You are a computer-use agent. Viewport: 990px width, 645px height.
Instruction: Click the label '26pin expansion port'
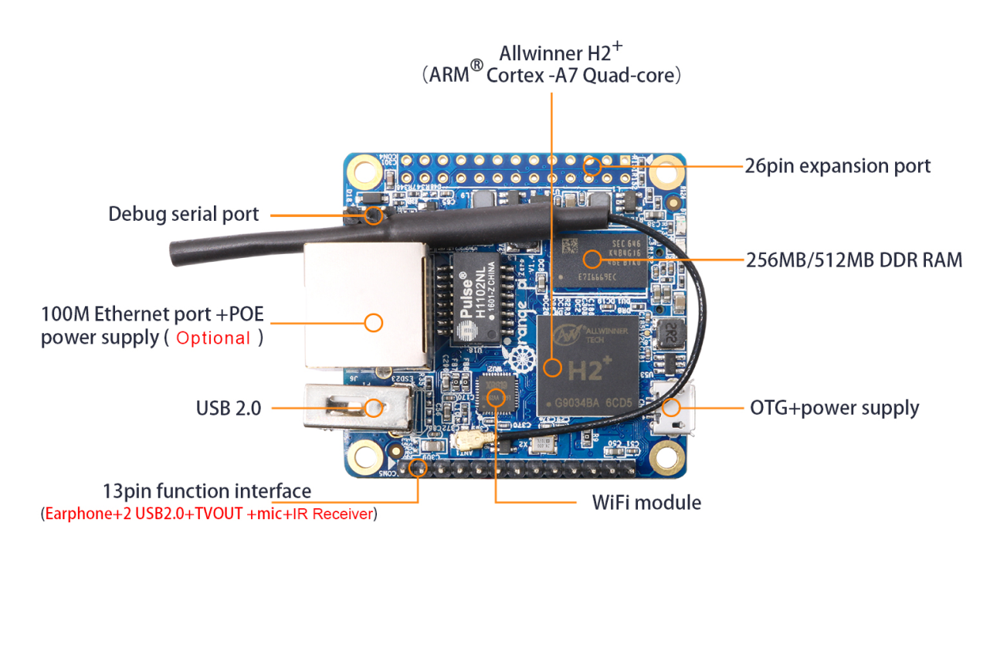point(837,166)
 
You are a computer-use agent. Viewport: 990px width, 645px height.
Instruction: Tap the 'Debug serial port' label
point(183,214)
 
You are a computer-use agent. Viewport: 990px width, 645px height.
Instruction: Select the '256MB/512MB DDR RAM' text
point(854,260)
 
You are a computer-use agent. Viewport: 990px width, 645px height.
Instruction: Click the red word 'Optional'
point(213,338)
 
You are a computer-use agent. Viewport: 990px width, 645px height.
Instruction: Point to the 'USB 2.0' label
point(229,407)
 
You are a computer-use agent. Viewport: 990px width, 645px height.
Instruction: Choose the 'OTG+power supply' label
point(834,407)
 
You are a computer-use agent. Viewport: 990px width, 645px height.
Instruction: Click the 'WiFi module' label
point(646,502)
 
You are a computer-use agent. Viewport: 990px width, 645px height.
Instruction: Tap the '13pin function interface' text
point(207,491)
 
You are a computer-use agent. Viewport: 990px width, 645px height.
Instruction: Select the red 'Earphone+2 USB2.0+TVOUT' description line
point(209,514)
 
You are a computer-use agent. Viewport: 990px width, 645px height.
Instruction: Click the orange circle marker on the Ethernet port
point(374,322)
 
